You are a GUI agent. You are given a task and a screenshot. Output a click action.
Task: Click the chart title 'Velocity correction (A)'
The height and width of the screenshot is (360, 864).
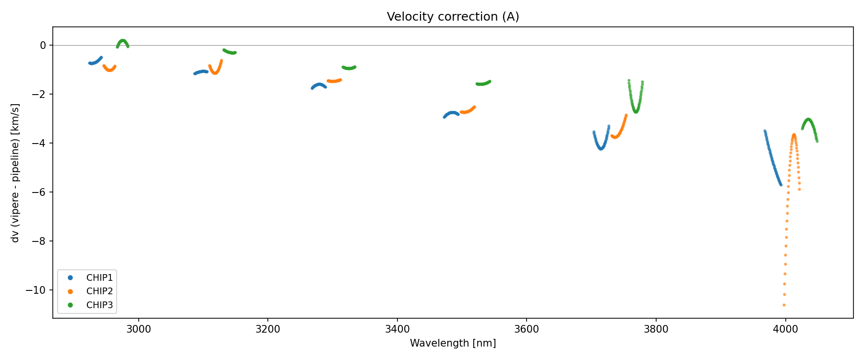pyautogui.click(x=453, y=17)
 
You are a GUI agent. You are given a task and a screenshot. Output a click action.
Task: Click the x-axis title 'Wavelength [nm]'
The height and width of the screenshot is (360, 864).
pyautogui.click(x=453, y=343)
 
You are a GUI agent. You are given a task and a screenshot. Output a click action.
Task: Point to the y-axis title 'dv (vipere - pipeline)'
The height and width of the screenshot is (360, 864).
pyautogui.click(x=15, y=173)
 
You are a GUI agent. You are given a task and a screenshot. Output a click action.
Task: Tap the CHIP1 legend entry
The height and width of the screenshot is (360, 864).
pyautogui.click(x=99, y=277)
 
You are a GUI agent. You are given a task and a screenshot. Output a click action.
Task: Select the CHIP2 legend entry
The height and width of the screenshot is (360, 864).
pyautogui.click(x=99, y=291)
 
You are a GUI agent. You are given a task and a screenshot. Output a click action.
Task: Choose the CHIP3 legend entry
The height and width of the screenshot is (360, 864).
pyautogui.click(x=99, y=305)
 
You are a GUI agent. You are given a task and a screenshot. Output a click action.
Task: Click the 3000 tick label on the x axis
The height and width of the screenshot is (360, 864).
pyautogui.click(x=139, y=329)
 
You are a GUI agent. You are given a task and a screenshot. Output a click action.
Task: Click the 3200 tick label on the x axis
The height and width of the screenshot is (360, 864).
pyautogui.click(x=268, y=329)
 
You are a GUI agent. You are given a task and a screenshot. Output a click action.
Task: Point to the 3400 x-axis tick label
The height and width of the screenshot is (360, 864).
pyautogui.click(x=397, y=329)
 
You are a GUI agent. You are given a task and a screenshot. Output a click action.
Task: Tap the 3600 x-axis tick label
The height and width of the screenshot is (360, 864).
pyautogui.click(x=527, y=329)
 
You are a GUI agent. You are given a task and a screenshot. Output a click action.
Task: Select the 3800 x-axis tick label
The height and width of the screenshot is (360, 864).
pyautogui.click(x=656, y=329)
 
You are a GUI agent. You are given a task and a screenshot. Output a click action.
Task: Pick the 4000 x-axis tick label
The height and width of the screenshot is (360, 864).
pyautogui.click(x=785, y=329)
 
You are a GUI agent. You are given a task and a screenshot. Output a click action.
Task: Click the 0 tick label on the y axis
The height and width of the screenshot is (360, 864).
pyautogui.click(x=43, y=45)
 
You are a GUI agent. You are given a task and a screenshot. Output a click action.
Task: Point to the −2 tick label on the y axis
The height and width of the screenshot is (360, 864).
pyautogui.click(x=40, y=94)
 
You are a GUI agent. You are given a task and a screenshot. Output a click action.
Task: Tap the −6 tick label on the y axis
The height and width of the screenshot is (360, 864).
pyautogui.click(x=40, y=192)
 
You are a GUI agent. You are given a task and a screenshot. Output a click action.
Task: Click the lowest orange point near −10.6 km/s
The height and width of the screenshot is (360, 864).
pyautogui.click(x=784, y=305)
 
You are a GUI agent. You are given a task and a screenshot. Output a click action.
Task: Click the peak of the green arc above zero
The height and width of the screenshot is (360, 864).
pyautogui.click(x=123, y=41)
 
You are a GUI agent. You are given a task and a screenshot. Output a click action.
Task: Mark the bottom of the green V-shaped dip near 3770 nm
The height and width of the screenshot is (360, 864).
pyautogui.click(x=636, y=111)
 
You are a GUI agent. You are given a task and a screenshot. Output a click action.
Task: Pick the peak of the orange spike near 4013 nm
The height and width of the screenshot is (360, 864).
pyautogui.click(x=794, y=135)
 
